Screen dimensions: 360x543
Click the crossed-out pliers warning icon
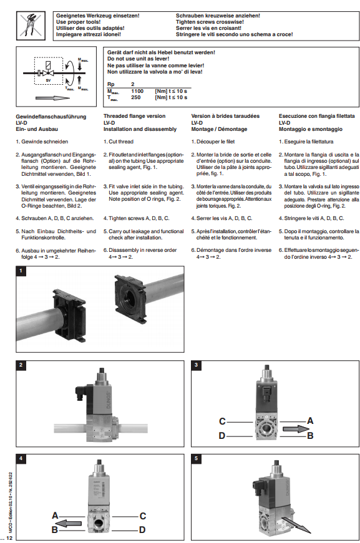pos(31,26)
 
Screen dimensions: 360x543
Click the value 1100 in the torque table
pos(137,91)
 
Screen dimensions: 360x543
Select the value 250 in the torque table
pos(136,97)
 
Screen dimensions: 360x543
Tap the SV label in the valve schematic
pos(48,80)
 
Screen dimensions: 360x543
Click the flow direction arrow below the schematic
pos(52,98)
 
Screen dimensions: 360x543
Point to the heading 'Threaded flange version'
pos(134,116)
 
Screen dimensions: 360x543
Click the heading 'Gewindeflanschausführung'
pos(51,117)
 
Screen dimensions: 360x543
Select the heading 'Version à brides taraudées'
pos(225,116)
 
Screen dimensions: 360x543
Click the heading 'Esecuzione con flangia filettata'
pos(317,116)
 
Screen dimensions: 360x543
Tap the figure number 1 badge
pos(21,271)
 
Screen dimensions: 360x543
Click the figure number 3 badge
pos(196,365)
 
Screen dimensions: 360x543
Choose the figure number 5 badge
pos(196,458)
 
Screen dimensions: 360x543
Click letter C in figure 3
pos(222,421)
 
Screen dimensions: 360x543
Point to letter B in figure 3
pos(311,436)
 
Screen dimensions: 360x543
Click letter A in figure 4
pos(55,516)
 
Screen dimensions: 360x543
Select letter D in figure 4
pos(142,530)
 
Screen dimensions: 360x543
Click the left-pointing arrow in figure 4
pos(69,523)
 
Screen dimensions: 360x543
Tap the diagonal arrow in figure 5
pos(296,525)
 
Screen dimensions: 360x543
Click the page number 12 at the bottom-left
pos(9,538)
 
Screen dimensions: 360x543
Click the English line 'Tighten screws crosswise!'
pos(210,22)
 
